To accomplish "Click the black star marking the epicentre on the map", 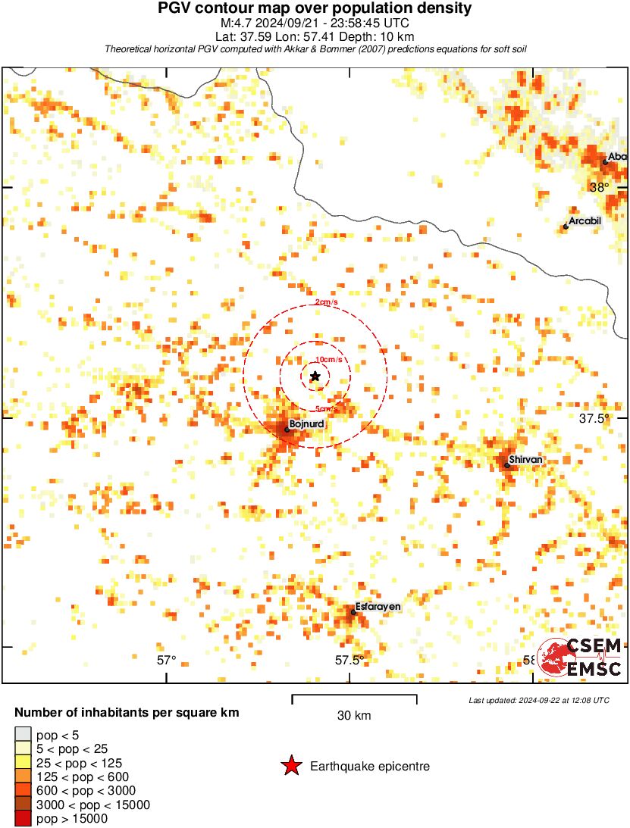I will click(315, 376).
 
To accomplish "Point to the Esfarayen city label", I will click(378, 607).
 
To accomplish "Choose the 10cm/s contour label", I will click(329, 359).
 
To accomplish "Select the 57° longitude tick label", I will click(167, 660).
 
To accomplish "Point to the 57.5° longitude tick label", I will click(350, 660).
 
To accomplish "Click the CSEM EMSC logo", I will click(580, 657).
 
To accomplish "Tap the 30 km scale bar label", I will click(354, 715).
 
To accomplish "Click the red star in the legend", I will click(291, 767).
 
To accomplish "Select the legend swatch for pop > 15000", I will click(24, 818).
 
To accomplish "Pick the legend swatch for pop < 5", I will click(24, 733).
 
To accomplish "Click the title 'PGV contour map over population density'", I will click(315, 8).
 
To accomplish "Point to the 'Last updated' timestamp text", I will click(538, 700).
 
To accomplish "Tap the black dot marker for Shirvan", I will click(507, 464).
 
